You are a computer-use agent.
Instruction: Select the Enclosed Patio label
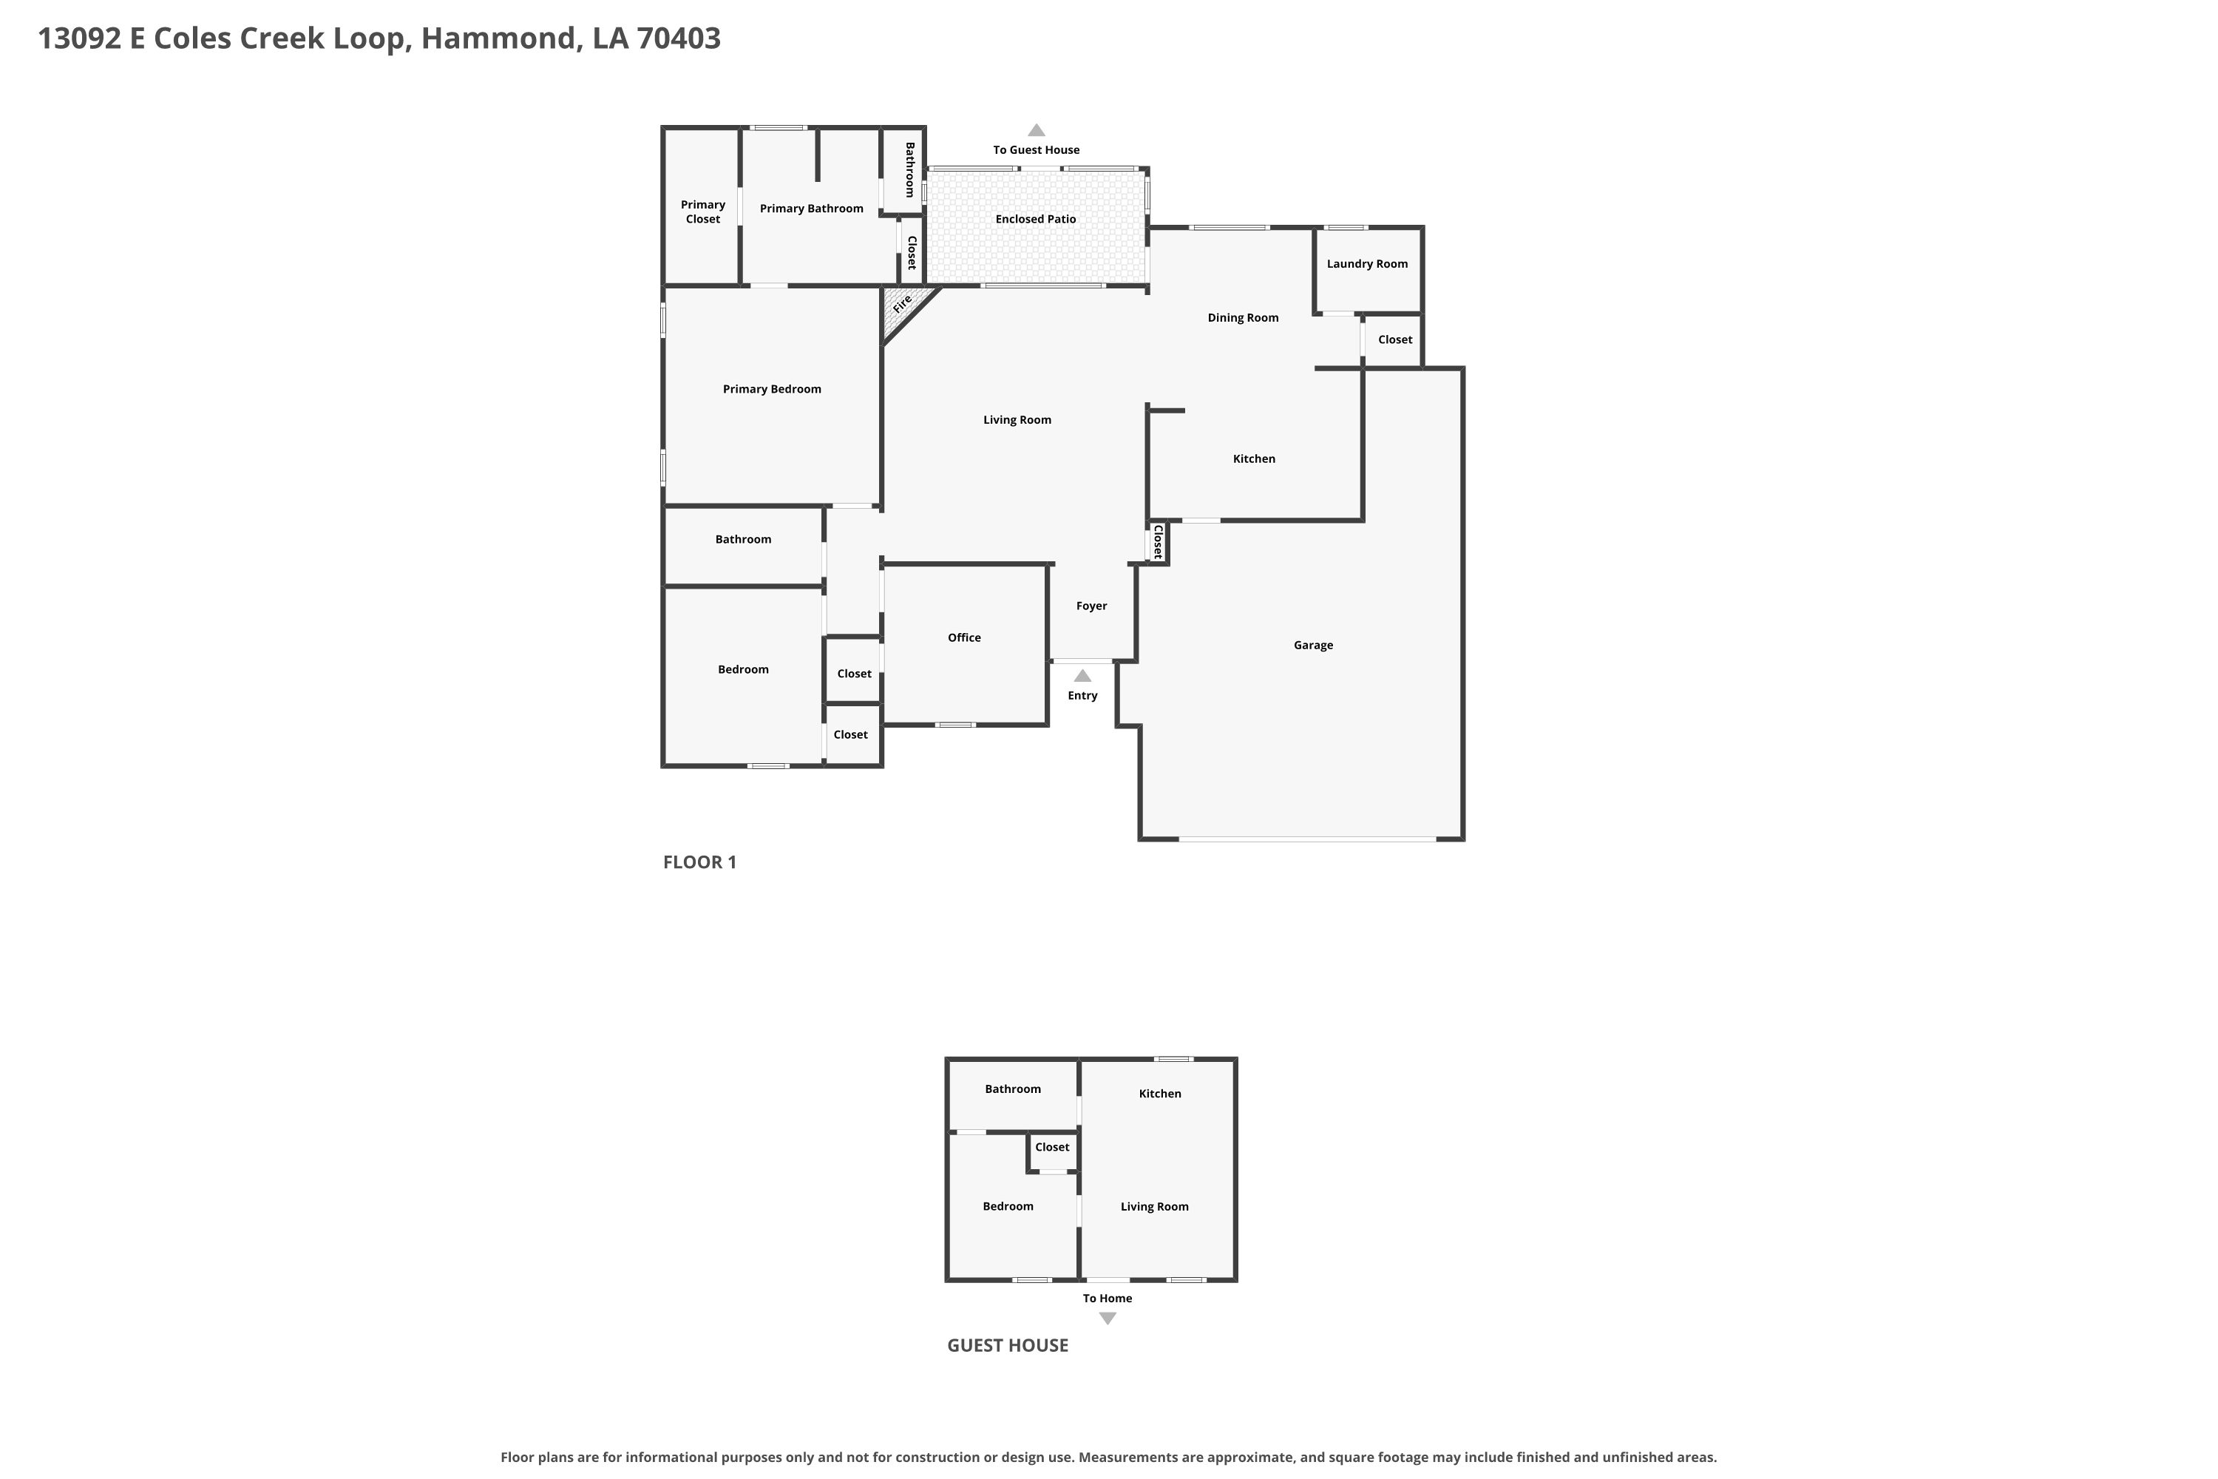click(x=1036, y=219)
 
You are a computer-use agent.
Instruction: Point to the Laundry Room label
click(x=1366, y=264)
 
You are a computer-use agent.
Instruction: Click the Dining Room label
click(x=1243, y=318)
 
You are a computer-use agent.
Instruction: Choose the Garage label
click(x=1313, y=645)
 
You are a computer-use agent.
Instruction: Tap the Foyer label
click(x=1091, y=606)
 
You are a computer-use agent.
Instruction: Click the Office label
click(x=964, y=637)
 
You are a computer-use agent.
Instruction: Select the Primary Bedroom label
click(x=771, y=389)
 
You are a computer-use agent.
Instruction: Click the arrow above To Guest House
click(x=1037, y=130)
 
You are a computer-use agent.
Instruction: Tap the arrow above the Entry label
click(x=1082, y=675)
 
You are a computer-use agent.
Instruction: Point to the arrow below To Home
click(x=1108, y=1319)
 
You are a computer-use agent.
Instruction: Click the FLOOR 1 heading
click(x=699, y=862)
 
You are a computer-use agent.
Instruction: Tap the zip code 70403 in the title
click(x=678, y=38)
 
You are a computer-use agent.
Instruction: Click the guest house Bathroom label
click(x=1013, y=1089)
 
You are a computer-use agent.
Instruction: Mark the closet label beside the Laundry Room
click(x=1394, y=339)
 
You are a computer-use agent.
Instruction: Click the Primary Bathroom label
click(x=811, y=209)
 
